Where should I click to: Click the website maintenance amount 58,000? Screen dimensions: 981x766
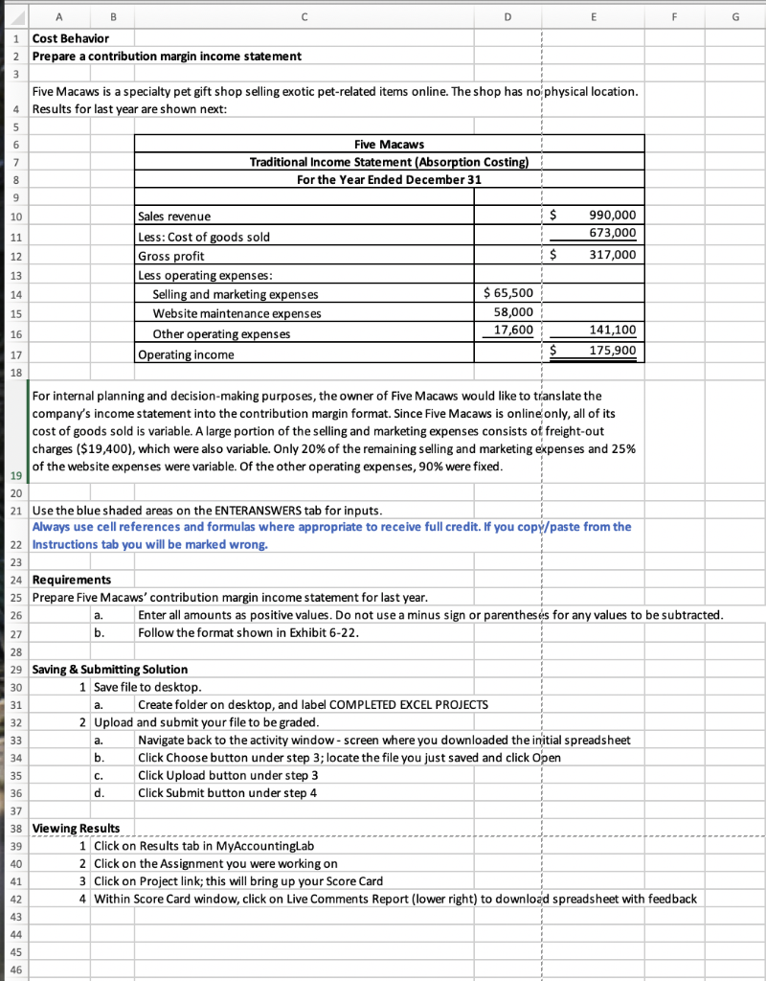(x=513, y=312)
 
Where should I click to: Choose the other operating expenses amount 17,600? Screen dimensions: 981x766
(x=513, y=331)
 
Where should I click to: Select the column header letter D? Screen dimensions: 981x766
(x=507, y=14)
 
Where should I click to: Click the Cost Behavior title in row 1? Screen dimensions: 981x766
(x=70, y=38)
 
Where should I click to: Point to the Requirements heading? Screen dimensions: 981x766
(x=72, y=580)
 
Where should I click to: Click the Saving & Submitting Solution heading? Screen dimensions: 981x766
(x=110, y=669)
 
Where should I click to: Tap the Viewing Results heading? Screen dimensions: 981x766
(x=77, y=828)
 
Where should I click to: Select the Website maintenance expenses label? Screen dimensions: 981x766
(x=237, y=313)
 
